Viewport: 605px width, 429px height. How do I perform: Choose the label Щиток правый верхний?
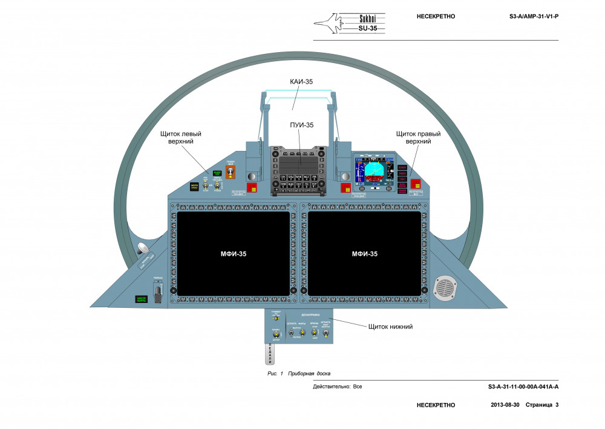tap(418, 137)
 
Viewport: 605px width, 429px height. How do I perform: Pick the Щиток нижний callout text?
tap(390, 327)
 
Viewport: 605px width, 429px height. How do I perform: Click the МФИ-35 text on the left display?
tap(234, 254)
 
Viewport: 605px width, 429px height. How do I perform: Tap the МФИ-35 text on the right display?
tap(365, 254)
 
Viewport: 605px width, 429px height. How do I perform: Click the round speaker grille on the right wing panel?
tap(446, 289)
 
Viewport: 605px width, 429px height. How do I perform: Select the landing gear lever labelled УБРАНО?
tap(159, 293)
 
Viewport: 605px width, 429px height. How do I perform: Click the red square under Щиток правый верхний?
tap(416, 184)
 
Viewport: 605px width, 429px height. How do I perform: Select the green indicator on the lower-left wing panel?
tap(142, 299)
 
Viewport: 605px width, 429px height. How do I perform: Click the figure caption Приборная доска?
tap(309, 374)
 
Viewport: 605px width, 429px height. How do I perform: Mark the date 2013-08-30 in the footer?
tap(505, 405)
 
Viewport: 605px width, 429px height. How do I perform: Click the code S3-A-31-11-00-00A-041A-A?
tap(523, 387)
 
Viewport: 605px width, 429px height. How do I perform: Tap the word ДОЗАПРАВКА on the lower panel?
tap(310, 316)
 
